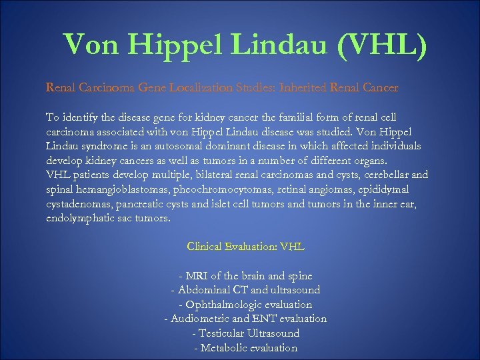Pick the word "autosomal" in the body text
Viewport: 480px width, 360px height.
click(201, 145)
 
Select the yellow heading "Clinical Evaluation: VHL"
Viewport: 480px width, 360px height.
click(245, 247)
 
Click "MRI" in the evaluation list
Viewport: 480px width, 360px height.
click(199, 275)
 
